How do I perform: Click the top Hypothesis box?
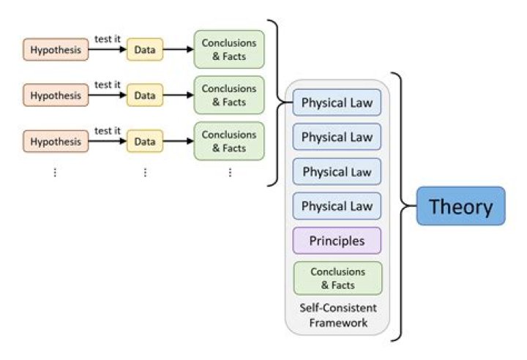[x=56, y=50]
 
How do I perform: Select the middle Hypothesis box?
[x=56, y=96]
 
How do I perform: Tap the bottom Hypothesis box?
[x=56, y=141]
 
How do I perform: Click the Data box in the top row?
[x=145, y=50]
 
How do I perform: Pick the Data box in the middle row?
[x=145, y=96]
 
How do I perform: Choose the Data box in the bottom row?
[x=145, y=141]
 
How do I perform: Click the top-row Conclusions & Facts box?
[x=229, y=50]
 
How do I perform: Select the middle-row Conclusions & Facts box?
[x=229, y=96]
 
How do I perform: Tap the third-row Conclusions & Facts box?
[x=229, y=141]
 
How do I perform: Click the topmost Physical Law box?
[x=337, y=102]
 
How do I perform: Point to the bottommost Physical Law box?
[x=337, y=206]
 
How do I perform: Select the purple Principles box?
[x=337, y=240]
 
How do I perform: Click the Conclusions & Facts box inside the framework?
[x=337, y=277]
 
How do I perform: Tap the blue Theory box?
[x=460, y=206]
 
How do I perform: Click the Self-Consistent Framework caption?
[x=337, y=315]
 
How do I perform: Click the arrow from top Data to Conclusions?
[x=178, y=50]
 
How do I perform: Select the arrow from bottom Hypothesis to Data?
[x=108, y=141]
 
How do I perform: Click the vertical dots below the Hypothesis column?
[x=55, y=173]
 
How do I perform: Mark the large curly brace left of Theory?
[x=400, y=206]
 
